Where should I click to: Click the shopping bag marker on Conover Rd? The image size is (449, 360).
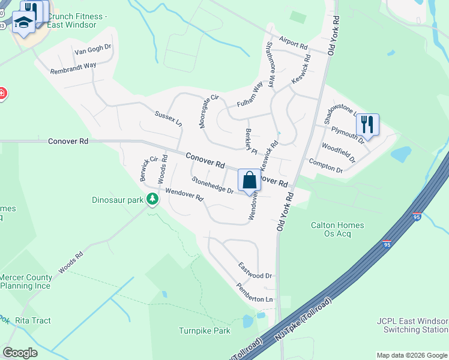(249, 180)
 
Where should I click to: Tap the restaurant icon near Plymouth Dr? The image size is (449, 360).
(367, 124)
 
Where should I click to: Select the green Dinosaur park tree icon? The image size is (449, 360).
(152, 199)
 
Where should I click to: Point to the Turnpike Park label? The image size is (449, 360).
(204, 331)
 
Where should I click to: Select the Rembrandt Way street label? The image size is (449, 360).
(73, 66)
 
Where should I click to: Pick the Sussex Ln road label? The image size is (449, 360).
(168, 118)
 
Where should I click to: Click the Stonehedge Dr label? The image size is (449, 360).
(212, 185)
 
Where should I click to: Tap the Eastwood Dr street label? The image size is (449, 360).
(255, 270)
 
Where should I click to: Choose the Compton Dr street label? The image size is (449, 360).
(325, 166)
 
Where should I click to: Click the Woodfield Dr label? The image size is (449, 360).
(339, 152)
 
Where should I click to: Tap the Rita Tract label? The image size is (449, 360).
(33, 320)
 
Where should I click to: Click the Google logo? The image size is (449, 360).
(20, 352)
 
